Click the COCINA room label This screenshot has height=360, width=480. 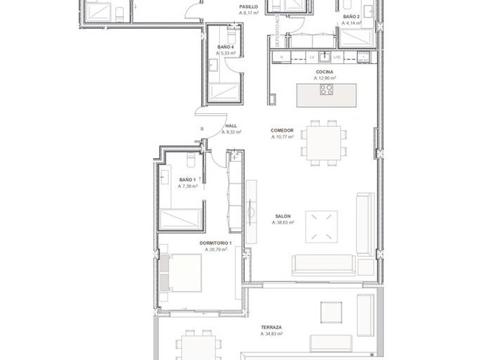tap(324, 72)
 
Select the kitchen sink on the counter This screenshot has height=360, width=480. tap(324, 57)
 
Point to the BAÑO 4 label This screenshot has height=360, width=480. tap(226, 47)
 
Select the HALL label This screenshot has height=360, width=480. tap(231, 126)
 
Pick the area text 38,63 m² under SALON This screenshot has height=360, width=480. tap(283, 222)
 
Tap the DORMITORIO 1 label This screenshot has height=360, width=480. tap(216, 243)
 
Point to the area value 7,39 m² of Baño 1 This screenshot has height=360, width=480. tap(187, 186)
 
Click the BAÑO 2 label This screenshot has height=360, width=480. tap(351, 17)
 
